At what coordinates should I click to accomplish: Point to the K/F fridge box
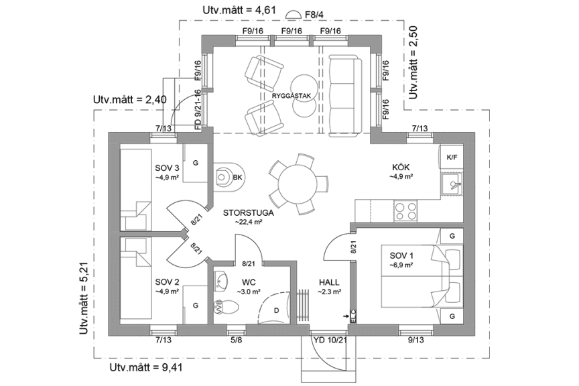click(451, 157)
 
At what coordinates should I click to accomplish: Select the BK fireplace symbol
click(228, 177)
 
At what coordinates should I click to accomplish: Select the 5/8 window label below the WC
click(237, 340)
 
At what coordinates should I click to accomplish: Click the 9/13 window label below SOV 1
click(415, 340)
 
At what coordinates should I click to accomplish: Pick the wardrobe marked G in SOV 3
click(195, 163)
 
